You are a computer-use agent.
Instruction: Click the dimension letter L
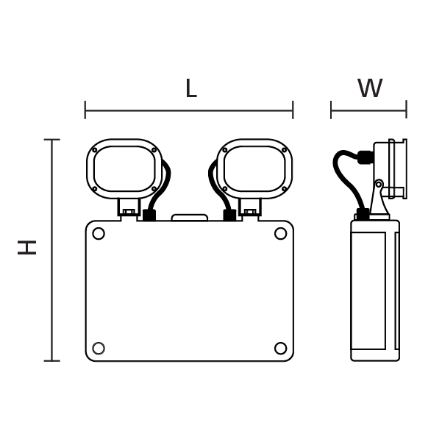point(190,89)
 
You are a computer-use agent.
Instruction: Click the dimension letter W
point(369,89)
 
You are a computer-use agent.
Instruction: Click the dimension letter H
point(28,247)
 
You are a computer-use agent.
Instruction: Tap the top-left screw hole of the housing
point(99,234)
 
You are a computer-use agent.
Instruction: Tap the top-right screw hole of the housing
point(280,234)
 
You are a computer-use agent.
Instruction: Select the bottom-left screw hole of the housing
point(99,348)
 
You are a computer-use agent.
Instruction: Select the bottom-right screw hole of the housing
point(280,348)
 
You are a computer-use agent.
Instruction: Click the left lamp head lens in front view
point(124,168)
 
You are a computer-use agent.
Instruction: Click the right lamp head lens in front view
point(254,168)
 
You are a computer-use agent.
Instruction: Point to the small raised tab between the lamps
point(190,218)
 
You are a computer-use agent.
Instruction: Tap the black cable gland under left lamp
point(149,215)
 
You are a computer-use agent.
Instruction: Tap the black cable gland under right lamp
point(229,215)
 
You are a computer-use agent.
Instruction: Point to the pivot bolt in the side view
point(379,184)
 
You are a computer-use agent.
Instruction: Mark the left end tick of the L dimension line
point(85,110)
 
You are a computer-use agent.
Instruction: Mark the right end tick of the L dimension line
point(293,110)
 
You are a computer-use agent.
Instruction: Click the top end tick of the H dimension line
point(51,140)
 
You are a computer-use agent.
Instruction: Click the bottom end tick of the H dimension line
point(51,361)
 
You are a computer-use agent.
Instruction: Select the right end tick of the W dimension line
point(406,110)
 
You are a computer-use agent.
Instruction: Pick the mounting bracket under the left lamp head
point(129,207)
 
